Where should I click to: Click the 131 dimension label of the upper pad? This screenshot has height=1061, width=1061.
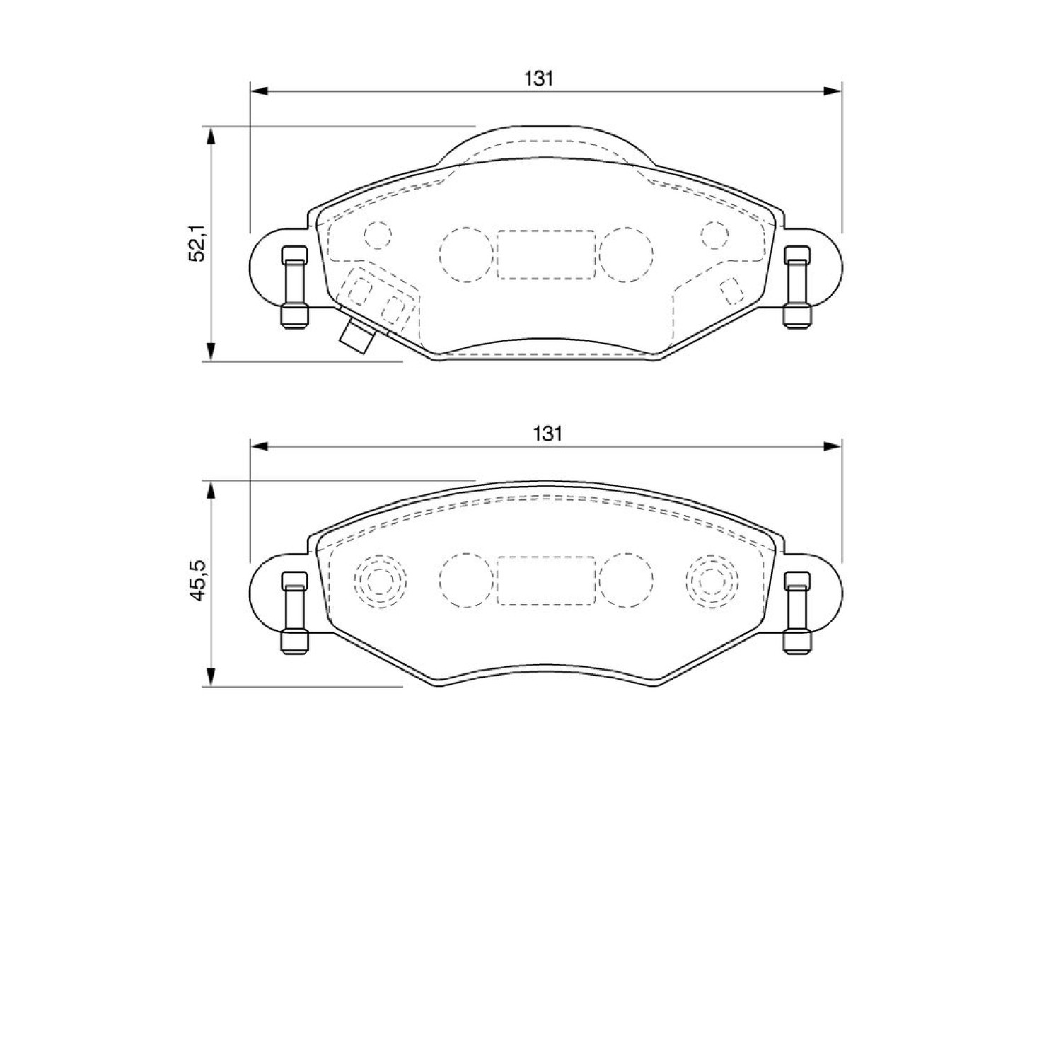click(x=538, y=79)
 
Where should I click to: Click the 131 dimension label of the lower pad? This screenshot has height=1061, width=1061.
click(x=547, y=434)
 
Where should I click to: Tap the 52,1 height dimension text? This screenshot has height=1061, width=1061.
click(x=197, y=243)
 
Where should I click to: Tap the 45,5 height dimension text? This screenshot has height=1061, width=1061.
click(x=197, y=579)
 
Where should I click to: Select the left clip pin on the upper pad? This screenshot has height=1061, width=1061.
click(x=294, y=287)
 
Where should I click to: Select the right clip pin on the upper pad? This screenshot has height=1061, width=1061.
click(x=797, y=287)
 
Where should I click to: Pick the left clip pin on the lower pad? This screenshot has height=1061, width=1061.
click(x=294, y=613)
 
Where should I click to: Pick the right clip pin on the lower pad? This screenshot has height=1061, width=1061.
click(x=797, y=613)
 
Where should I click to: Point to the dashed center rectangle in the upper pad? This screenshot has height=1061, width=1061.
click(x=546, y=254)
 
